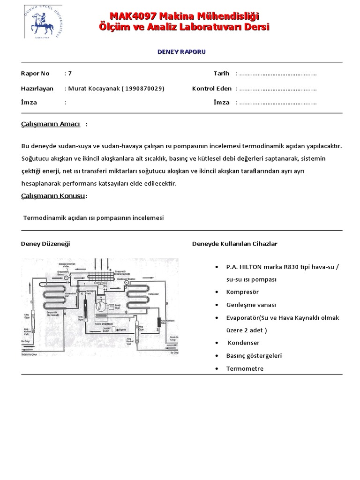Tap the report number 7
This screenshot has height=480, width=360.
click(x=70, y=74)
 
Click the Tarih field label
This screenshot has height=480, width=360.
click(x=221, y=73)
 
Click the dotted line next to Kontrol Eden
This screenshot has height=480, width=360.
click(x=278, y=89)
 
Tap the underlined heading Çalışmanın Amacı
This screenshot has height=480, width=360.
click(x=51, y=124)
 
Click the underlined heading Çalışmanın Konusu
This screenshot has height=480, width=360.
click(x=53, y=195)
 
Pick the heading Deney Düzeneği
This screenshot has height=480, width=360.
click(x=45, y=244)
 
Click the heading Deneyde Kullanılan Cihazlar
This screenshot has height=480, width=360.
click(x=235, y=244)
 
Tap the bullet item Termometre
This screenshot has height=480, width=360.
click(x=244, y=368)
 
